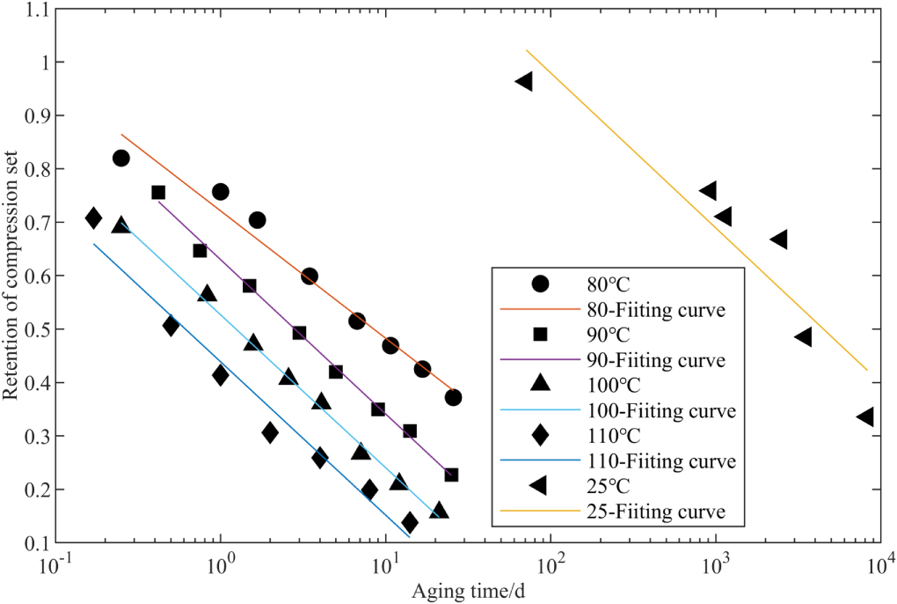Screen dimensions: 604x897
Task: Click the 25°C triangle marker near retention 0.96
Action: (524, 82)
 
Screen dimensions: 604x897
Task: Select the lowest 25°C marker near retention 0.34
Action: (865, 416)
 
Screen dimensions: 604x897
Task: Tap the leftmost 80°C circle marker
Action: (121, 158)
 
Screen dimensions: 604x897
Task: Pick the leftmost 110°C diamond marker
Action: (94, 218)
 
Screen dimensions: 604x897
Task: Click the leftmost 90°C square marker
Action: (158, 192)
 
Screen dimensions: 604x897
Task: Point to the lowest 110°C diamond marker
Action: (410, 523)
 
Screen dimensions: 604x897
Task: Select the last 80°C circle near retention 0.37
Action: (453, 397)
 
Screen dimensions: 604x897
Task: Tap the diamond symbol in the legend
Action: (540, 434)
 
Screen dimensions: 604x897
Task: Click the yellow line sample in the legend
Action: (540, 511)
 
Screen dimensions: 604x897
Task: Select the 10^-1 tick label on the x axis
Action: (53, 565)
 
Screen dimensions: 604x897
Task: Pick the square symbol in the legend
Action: (540, 334)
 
